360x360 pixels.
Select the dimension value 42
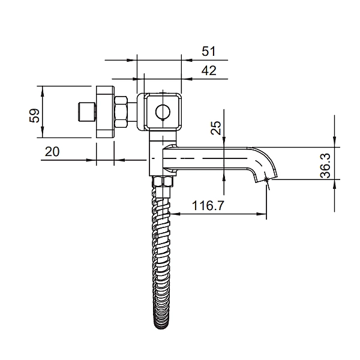[x=208, y=70]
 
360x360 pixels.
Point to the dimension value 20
[x=52, y=152]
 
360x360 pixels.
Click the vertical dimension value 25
[x=216, y=127]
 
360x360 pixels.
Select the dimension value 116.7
[x=208, y=206]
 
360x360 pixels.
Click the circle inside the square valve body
[x=162, y=112]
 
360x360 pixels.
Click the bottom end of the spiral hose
[x=163, y=324]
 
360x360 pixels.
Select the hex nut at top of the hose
[x=163, y=182]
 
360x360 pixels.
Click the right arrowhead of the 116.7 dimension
[x=263, y=214]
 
